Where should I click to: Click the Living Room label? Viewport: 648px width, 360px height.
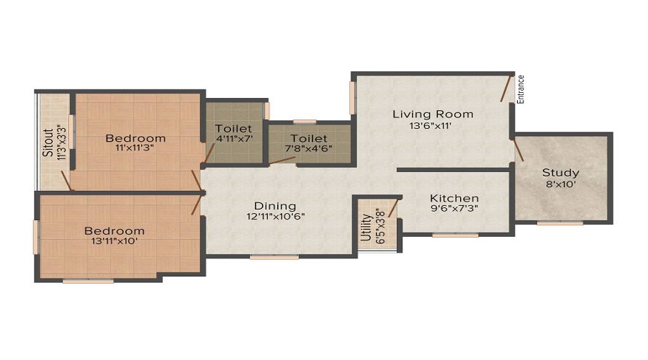(433, 114)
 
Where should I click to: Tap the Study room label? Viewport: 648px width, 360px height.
(560, 172)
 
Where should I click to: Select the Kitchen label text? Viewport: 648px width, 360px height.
(454, 199)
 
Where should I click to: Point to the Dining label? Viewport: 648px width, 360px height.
(275, 206)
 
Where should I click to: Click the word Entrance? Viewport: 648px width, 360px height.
(521, 89)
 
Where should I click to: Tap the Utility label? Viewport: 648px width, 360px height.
(366, 228)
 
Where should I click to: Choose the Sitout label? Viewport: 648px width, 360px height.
(48, 143)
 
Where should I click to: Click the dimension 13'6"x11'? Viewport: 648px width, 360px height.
(431, 126)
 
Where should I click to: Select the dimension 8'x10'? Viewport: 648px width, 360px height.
(561, 184)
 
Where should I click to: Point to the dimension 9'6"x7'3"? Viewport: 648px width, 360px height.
(454, 209)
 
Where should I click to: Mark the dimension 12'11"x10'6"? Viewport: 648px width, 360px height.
(276, 216)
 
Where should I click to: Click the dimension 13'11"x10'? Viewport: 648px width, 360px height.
(114, 241)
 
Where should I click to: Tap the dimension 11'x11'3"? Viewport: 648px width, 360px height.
(135, 148)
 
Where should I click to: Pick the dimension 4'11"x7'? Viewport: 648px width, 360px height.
(234, 139)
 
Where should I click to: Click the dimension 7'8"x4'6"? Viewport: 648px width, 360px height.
(309, 149)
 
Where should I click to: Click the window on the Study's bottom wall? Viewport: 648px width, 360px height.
(560, 223)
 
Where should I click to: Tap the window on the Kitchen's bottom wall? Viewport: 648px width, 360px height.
(456, 235)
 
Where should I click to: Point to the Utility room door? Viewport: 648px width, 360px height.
(392, 208)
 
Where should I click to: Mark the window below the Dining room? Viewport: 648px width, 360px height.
(274, 257)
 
